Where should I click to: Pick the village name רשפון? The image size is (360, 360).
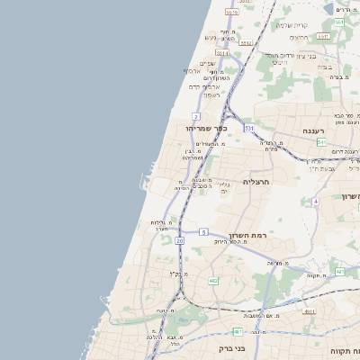coord(211,94)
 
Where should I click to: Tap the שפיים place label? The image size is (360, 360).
coord(206,62)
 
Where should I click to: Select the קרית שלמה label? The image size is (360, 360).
coord(312,24)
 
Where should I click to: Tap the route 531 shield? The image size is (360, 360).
coord(248,129)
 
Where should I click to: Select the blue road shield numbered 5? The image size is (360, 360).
coord(204,232)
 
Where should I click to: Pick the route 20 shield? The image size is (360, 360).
coord(180,240)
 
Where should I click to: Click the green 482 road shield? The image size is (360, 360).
coord(213,282)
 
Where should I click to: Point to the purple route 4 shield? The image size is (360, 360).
coord(316,202)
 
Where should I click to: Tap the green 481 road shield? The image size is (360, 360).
coord(339,272)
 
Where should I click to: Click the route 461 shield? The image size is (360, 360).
coord(237,331)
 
